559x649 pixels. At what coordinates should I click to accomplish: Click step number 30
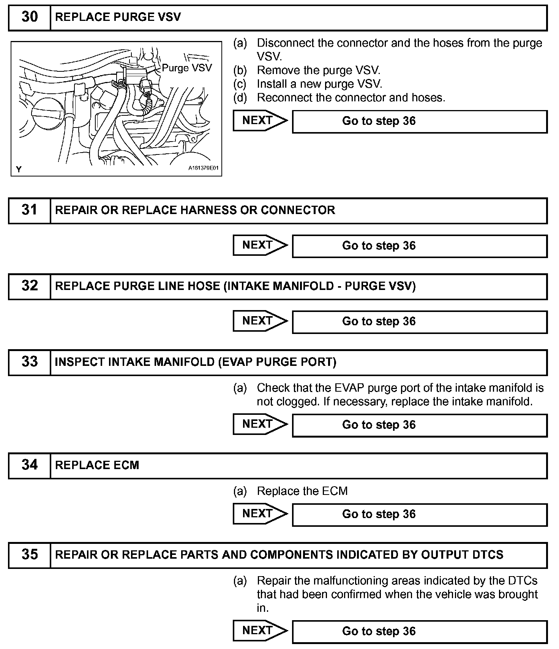30,17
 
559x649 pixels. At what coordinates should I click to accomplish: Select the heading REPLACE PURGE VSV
118,17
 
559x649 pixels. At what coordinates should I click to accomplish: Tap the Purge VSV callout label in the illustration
187,68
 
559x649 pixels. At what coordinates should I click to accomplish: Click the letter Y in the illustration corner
19,169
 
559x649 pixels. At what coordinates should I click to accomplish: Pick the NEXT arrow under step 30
260,121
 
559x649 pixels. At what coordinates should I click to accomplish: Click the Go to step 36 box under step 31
419,246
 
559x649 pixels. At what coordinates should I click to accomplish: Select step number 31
30,210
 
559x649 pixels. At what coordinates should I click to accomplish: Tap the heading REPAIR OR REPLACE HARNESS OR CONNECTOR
195,210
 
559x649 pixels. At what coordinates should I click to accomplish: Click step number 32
30,286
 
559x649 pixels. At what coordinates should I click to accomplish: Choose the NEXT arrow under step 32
260,321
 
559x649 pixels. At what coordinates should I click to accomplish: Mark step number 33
30,362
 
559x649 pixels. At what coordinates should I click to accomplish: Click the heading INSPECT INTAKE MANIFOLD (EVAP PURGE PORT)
196,362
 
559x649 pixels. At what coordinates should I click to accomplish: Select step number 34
30,465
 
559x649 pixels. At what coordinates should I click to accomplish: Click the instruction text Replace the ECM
302,491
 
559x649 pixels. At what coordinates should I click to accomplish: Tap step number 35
30,554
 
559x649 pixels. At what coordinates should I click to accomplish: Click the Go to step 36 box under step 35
419,632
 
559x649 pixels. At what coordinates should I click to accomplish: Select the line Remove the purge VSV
318,70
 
